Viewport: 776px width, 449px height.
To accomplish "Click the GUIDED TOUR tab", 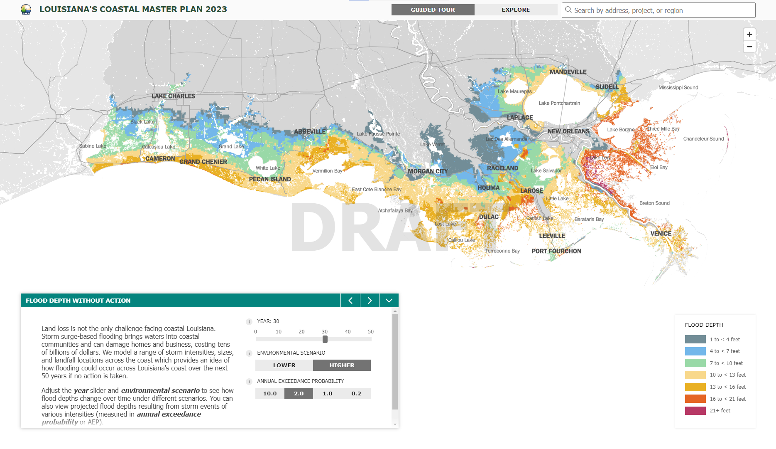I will tap(433, 10).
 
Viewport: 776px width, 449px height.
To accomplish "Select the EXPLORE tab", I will tap(516, 10).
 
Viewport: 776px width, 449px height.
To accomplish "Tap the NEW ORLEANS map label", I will tap(568, 131).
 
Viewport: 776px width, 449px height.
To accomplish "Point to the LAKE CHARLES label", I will tap(173, 96).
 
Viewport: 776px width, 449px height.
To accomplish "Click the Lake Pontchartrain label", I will tap(559, 103).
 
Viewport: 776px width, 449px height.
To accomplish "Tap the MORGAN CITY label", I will tap(428, 171).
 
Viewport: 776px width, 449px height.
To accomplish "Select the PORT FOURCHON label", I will tap(556, 251).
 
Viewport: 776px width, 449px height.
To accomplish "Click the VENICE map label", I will tap(661, 234).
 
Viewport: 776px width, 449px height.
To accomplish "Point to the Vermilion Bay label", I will tap(327, 171).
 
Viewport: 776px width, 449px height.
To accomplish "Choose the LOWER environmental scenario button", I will tap(284, 365).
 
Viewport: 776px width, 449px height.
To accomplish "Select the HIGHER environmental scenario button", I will tap(342, 365).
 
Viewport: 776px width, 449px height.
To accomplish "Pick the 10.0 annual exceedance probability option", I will tap(270, 394).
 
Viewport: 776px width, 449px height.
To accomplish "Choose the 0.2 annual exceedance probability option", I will tap(356, 394).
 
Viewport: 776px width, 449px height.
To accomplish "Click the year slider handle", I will tap(325, 339).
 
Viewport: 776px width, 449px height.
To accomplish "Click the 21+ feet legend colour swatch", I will tap(695, 411).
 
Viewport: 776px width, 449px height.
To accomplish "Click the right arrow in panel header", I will tap(370, 301).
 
